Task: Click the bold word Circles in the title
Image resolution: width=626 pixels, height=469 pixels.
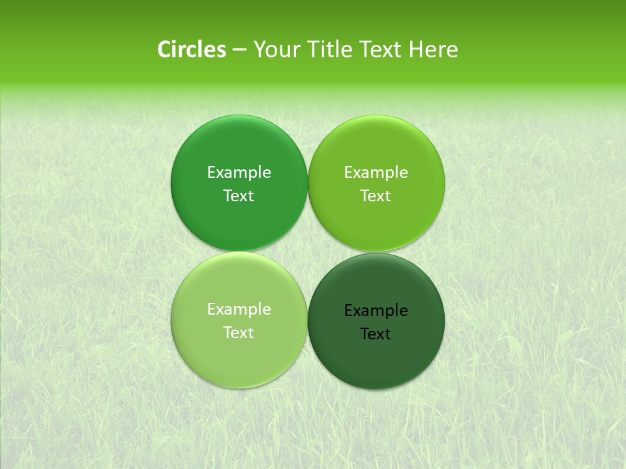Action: click(x=192, y=50)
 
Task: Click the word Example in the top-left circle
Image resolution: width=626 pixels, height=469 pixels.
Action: click(x=239, y=172)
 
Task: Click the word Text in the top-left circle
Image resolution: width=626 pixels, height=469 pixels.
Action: click(x=239, y=195)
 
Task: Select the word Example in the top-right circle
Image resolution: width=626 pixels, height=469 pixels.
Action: click(x=376, y=172)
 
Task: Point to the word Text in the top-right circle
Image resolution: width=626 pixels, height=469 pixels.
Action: click(x=376, y=195)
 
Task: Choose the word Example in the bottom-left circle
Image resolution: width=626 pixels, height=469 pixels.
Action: click(x=239, y=309)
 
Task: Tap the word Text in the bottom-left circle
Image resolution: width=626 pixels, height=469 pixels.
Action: click(x=239, y=332)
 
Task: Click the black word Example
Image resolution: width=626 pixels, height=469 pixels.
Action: click(x=376, y=310)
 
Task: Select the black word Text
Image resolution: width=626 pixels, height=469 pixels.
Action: click(x=376, y=334)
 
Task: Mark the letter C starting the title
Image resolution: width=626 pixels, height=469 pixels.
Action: click(x=165, y=50)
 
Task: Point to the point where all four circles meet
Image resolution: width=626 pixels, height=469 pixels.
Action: click(x=308, y=251)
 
